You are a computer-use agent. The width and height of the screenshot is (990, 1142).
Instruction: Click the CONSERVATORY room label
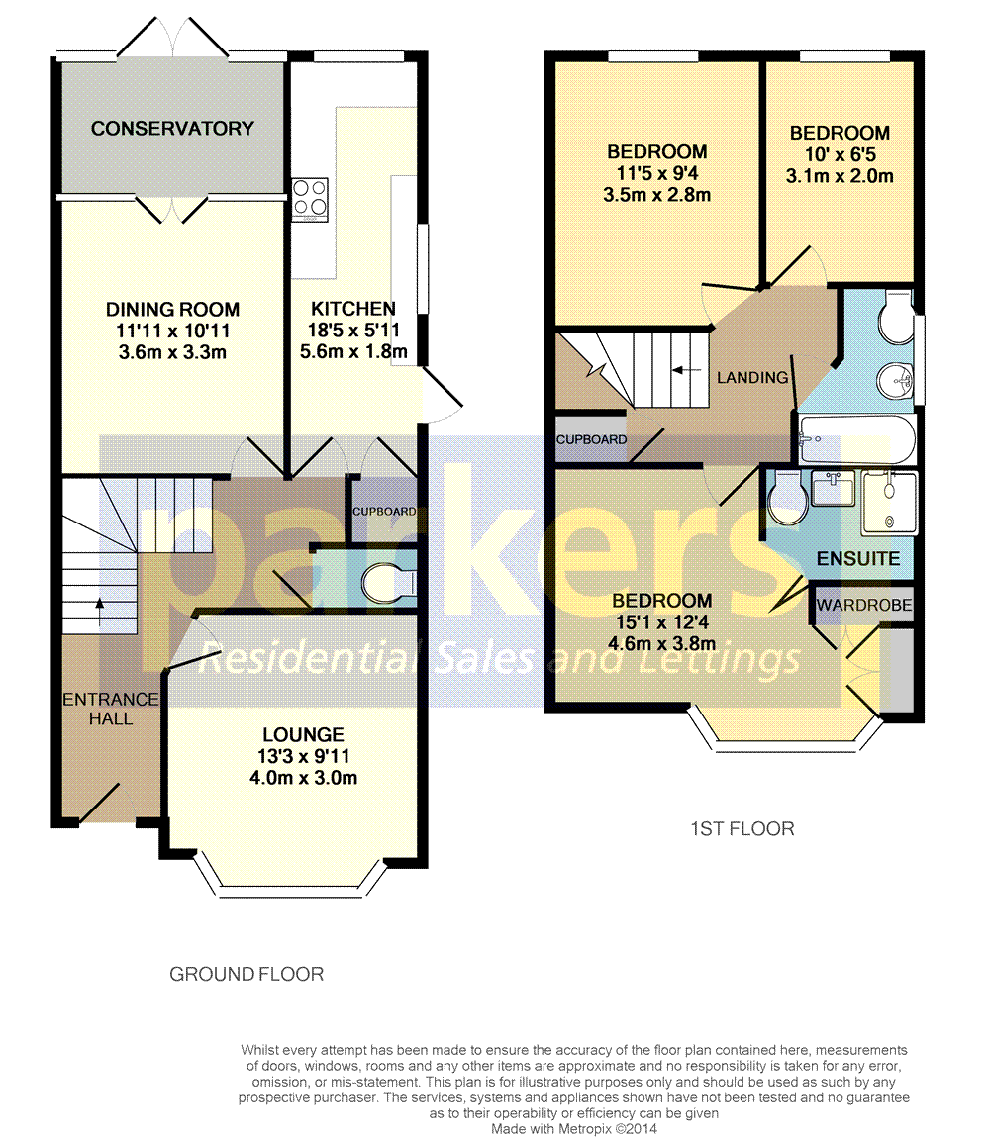172,128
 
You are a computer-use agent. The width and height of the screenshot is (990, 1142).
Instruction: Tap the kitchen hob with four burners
310,196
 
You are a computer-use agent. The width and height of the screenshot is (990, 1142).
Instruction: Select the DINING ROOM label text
172,310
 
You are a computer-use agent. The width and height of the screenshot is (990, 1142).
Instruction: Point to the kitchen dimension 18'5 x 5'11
352,331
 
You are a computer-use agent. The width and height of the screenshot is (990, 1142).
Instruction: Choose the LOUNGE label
303,734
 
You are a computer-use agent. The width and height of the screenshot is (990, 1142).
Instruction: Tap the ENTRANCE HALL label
111,709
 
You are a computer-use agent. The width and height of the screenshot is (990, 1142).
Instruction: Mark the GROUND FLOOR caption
247,974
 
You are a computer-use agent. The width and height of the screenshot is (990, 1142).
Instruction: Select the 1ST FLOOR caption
742,828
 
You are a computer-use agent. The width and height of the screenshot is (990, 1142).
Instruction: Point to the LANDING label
752,377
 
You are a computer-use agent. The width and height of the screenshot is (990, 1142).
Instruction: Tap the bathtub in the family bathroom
857,438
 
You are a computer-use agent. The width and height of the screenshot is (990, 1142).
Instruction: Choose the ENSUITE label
857,559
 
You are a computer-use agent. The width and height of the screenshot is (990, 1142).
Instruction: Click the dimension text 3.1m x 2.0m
840,176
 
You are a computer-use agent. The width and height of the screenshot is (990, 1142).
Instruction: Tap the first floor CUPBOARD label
591,439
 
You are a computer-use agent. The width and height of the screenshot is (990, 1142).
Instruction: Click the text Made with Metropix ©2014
574,1127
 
